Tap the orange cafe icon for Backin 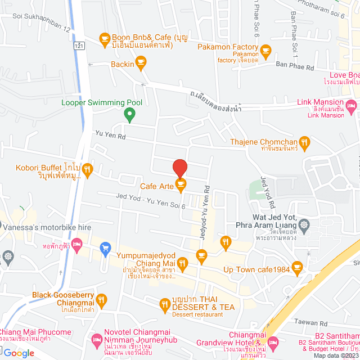[x=141, y=64]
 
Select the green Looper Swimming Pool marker [x=129, y=115]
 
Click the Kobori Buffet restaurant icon [x=87, y=168]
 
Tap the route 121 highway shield [x=78, y=46]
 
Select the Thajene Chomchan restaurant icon [x=304, y=142]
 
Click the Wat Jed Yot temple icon [x=304, y=224]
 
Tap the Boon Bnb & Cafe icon [x=104, y=38]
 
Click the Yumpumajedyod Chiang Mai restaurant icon [x=182, y=262]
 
